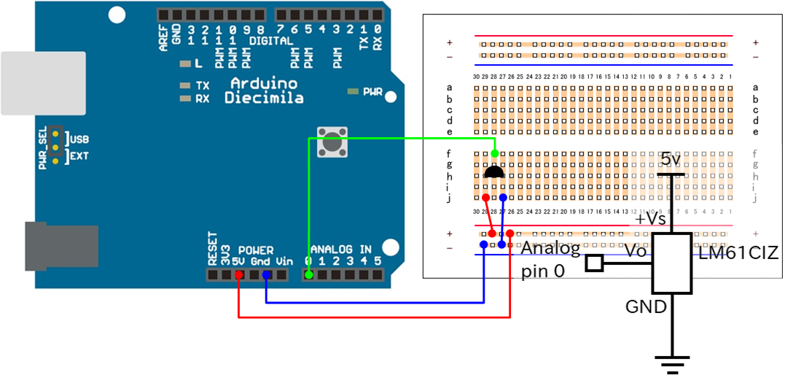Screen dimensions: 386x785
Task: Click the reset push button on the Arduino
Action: point(332,140)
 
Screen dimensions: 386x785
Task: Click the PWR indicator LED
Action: point(354,92)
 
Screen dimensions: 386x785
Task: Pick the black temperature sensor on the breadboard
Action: point(494,173)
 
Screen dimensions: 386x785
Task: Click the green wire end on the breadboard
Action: point(495,154)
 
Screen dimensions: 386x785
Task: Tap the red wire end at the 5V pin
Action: point(238,275)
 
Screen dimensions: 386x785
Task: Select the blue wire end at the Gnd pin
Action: point(266,275)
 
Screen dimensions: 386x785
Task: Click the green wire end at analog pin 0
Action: point(308,275)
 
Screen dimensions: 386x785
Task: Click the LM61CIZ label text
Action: point(738,254)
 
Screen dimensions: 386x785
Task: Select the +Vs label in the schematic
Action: point(649,220)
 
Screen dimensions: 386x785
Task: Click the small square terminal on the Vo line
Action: point(595,263)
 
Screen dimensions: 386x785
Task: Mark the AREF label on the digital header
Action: point(163,36)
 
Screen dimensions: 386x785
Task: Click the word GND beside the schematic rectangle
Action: point(646,306)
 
